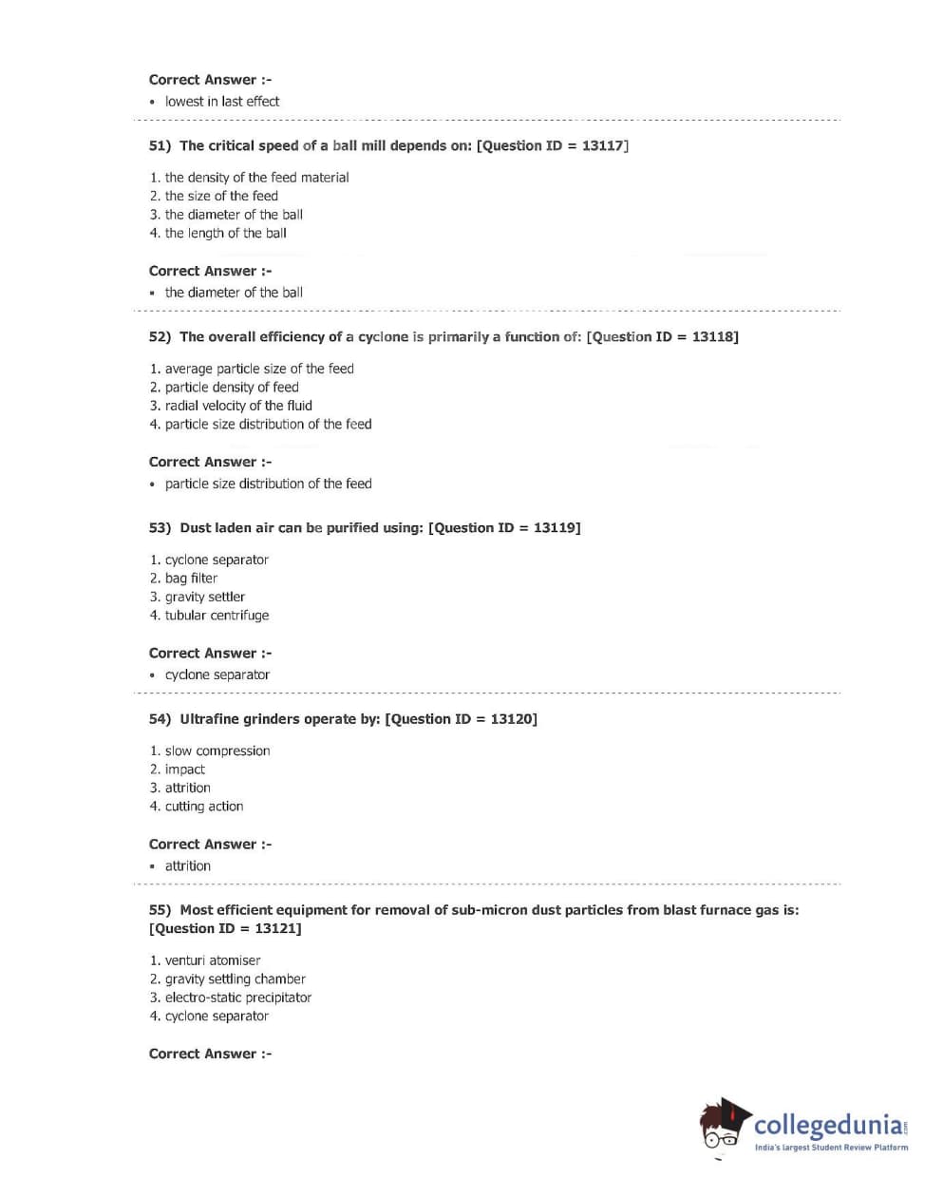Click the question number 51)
click(160, 146)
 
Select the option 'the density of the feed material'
click(256, 178)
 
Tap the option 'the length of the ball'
click(225, 233)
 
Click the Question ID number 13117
click(602, 146)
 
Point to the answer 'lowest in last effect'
click(222, 102)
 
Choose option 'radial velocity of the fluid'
click(238, 406)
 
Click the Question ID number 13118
click(712, 337)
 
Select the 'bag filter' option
click(191, 579)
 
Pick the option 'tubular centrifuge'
click(217, 616)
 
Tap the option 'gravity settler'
click(204, 597)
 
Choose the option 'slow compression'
click(217, 750)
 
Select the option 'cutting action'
click(204, 807)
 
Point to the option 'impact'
click(184, 769)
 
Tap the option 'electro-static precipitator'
click(238, 997)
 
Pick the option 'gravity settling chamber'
click(235, 979)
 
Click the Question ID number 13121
click(275, 929)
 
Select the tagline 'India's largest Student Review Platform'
click(831, 1148)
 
